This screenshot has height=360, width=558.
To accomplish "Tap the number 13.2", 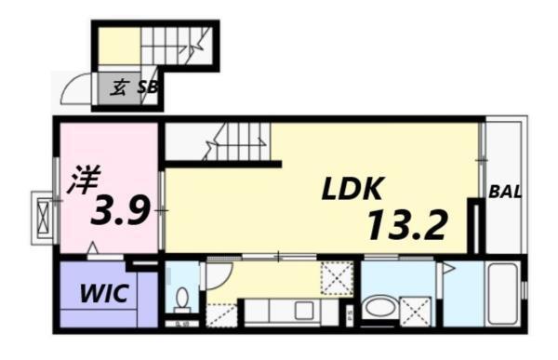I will pos(407,224).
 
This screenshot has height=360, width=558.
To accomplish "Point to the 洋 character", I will pos(82,179).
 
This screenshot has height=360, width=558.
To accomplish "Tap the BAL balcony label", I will pos(505,193).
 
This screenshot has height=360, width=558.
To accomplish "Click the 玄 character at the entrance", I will pos(120,88).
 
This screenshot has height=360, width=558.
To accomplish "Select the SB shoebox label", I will pos(148,88).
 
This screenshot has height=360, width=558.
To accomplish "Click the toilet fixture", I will pos(182,299).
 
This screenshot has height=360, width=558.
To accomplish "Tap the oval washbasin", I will pos(379,306).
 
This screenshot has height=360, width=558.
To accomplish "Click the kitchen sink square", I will pos(303,310).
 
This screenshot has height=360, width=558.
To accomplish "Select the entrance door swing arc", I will pos(74,90).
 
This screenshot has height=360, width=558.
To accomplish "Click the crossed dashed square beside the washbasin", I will pos(415,309).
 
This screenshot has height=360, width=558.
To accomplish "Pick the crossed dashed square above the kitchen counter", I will pos(335,278).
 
